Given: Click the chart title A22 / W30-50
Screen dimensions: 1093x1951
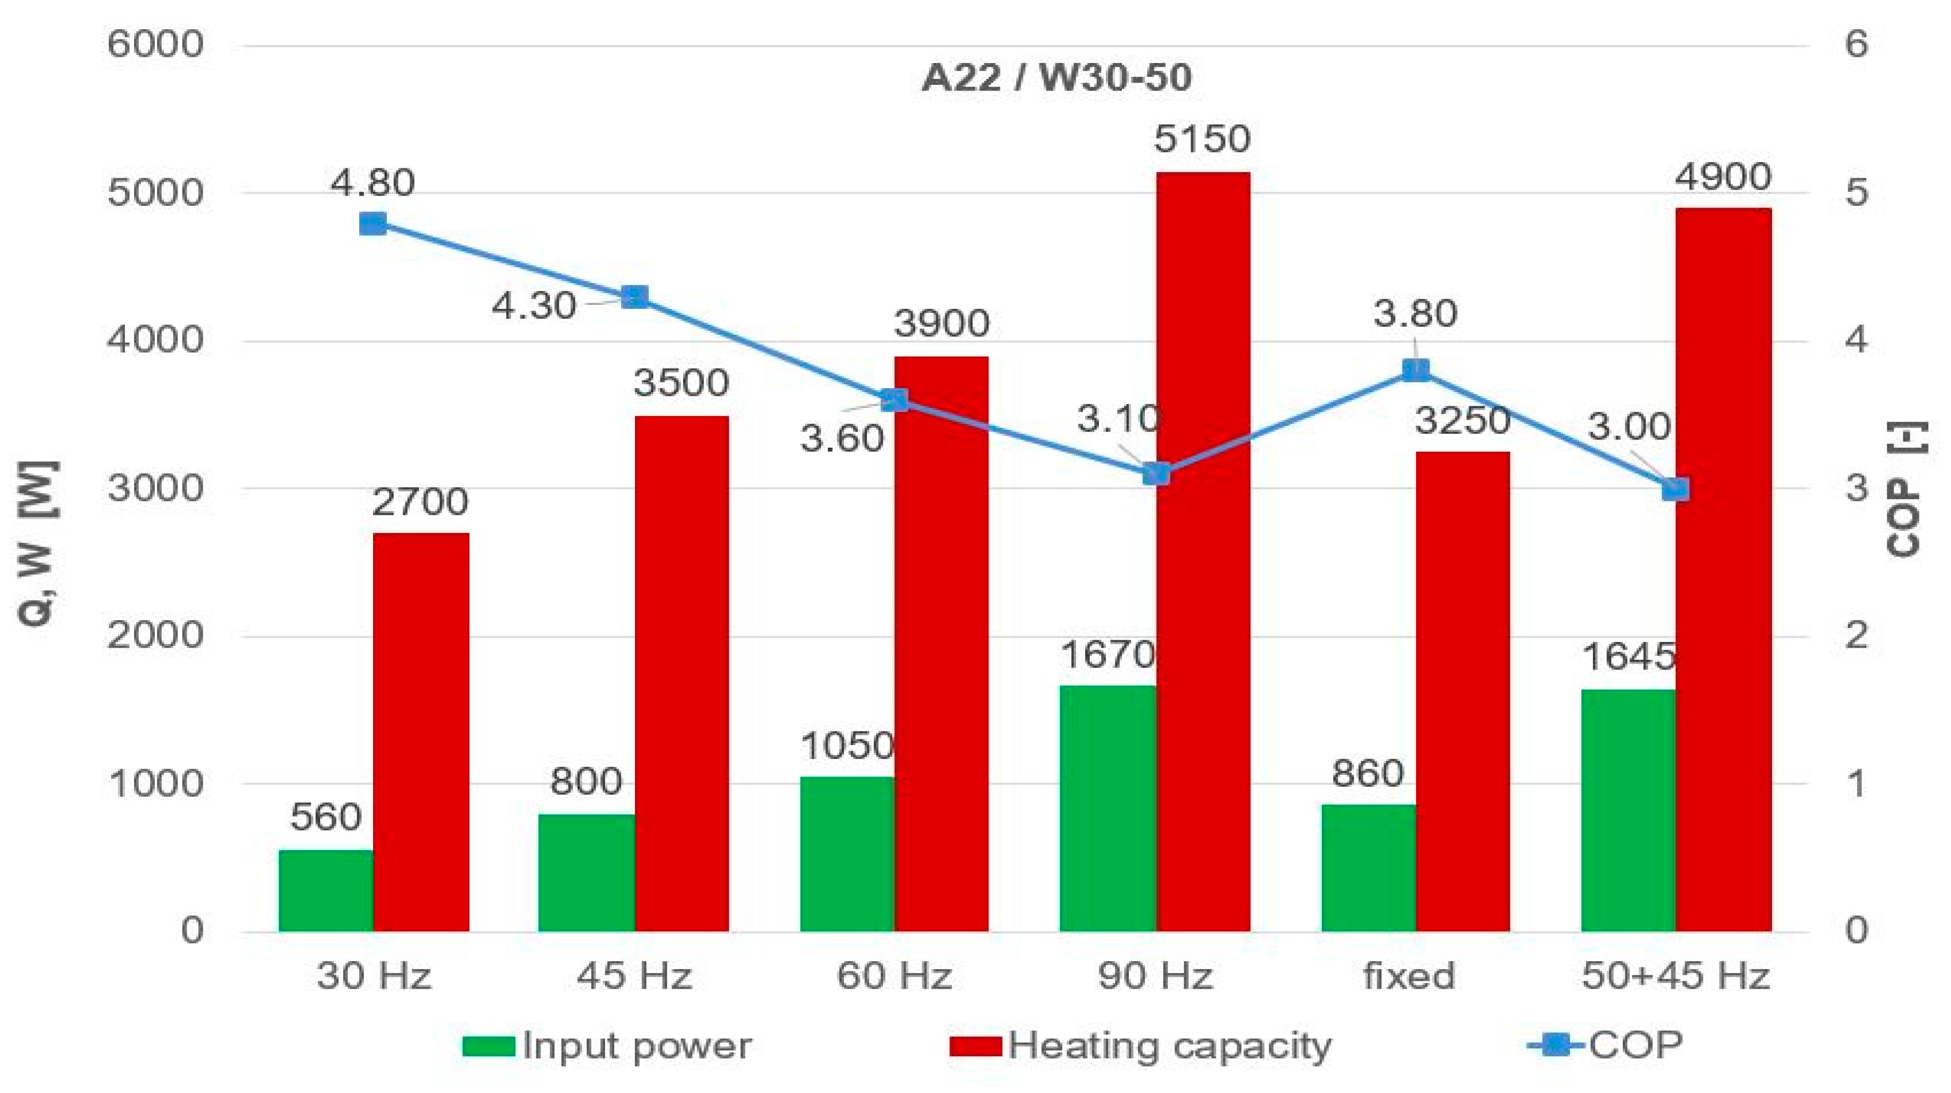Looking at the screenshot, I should coord(1057,78).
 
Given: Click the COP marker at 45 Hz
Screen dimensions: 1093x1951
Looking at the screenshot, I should coord(635,297).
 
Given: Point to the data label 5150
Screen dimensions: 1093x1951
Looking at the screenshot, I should coord(1202,139).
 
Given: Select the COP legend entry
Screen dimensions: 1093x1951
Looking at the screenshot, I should coord(1605,1045).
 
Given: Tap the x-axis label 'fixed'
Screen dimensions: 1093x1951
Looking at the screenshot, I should coord(1409,976).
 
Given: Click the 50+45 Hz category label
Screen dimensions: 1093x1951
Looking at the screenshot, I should coord(1675,976).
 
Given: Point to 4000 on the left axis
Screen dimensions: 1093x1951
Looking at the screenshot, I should coord(155,339).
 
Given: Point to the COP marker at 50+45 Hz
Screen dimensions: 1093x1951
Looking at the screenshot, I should coord(1675,489).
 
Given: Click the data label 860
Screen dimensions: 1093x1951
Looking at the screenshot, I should coord(1368,773).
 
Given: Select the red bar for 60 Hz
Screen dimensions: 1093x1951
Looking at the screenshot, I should coord(941,644).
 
